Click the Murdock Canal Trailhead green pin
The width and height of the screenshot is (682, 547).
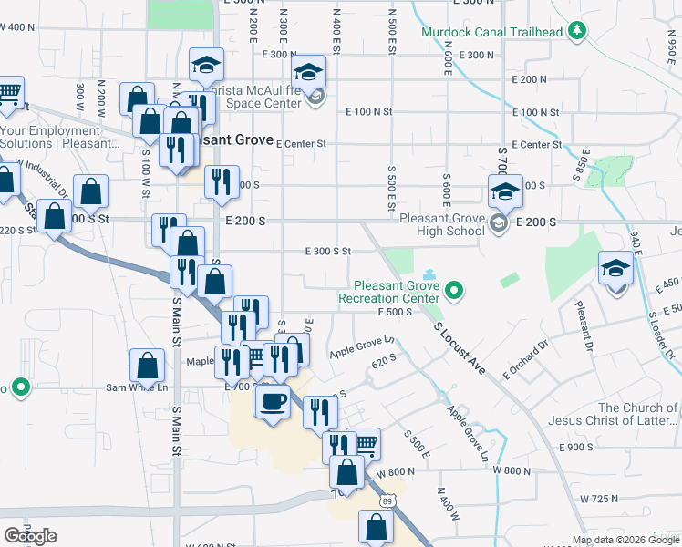(x=577, y=32)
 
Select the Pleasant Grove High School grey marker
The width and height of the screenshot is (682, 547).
(x=499, y=224)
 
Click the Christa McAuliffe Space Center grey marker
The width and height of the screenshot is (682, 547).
(x=315, y=98)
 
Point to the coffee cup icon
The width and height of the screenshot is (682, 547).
(x=272, y=402)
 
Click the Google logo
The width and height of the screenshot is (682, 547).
(x=30, y=536)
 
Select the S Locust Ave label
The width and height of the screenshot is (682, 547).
(x=460, y=346)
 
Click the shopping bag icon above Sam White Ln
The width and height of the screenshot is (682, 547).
(x=147, y=366)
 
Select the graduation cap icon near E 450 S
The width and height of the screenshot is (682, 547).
(x=616, y=270)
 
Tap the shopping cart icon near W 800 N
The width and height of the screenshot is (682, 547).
(x=364, y=444)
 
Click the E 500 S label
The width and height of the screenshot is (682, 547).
(x=397, y=312)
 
